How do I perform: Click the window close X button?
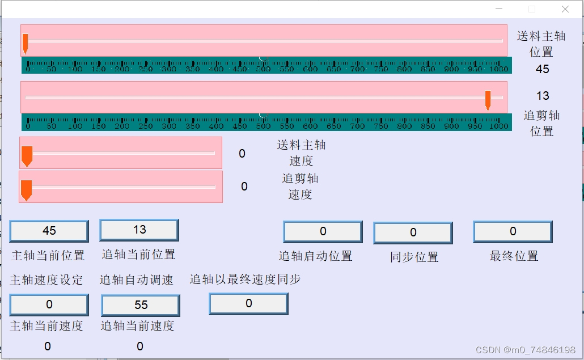click(x=565, y=9)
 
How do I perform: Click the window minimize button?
click(x=499, y=9)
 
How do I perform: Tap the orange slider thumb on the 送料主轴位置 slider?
click(x=25, y=43)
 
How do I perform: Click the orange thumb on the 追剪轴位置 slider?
click(x=488, y=100)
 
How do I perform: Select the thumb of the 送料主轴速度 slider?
click(x=27, y=155)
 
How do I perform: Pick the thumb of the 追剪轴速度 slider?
click(x=26, y=189)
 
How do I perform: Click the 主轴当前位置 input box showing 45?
click(x=49, y=231)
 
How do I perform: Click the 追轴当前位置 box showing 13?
click(x=139, y=230)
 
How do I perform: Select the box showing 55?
click(x=141, y=305)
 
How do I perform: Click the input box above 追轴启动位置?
click(x=323, y=231)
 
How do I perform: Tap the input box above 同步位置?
click(x=413, y=232)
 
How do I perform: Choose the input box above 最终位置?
click(x=513, y=231)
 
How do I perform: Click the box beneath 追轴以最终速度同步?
click(x=248, y=303)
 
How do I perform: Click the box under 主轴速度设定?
click(x=49, y=304)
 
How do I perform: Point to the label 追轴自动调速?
click(x=137, y=280)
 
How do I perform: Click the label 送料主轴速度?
click(x=301, y=153)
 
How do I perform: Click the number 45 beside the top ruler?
click(x=542, y=69)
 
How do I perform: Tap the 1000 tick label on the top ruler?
click(x=499, y=69)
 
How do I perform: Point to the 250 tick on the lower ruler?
click(x=145, y=126)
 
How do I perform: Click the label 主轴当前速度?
click(x=47, y=326)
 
